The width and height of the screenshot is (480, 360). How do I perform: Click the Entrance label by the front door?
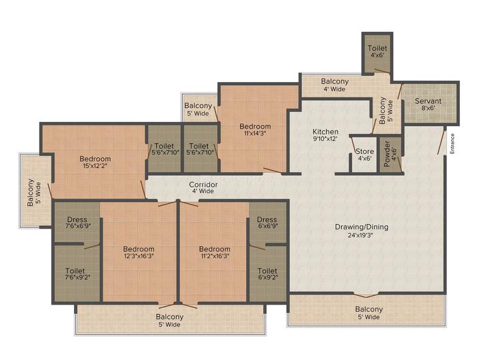pos(452,143)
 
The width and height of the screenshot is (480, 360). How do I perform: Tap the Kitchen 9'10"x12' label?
pos(325,135)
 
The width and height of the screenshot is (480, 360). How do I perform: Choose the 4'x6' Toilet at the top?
pos(377,54)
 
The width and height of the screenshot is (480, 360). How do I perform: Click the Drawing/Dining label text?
pos(361,227)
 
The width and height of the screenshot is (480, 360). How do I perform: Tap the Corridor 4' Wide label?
pos(203,187)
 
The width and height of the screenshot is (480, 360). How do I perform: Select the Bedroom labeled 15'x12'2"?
pos(95,161)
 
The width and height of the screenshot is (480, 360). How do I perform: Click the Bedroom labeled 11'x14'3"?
pos(255,129)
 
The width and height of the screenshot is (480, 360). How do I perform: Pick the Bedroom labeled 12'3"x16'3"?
pos(139,252)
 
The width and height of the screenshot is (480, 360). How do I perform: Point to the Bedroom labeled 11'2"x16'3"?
pos(214,252)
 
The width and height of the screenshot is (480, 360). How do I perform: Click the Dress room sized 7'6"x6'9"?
pos(77,223)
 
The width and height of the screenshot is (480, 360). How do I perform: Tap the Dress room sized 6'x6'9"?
pos(267,223)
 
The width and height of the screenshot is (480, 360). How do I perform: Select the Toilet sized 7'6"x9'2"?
pos(77,274)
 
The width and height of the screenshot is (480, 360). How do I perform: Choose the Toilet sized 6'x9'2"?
pos(268,274)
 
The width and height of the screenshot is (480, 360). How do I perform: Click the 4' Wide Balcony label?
pos(335,85)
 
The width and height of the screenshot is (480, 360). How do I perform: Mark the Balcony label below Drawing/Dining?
pos(369,313)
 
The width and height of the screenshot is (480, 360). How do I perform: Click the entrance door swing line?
pos(441,143)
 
